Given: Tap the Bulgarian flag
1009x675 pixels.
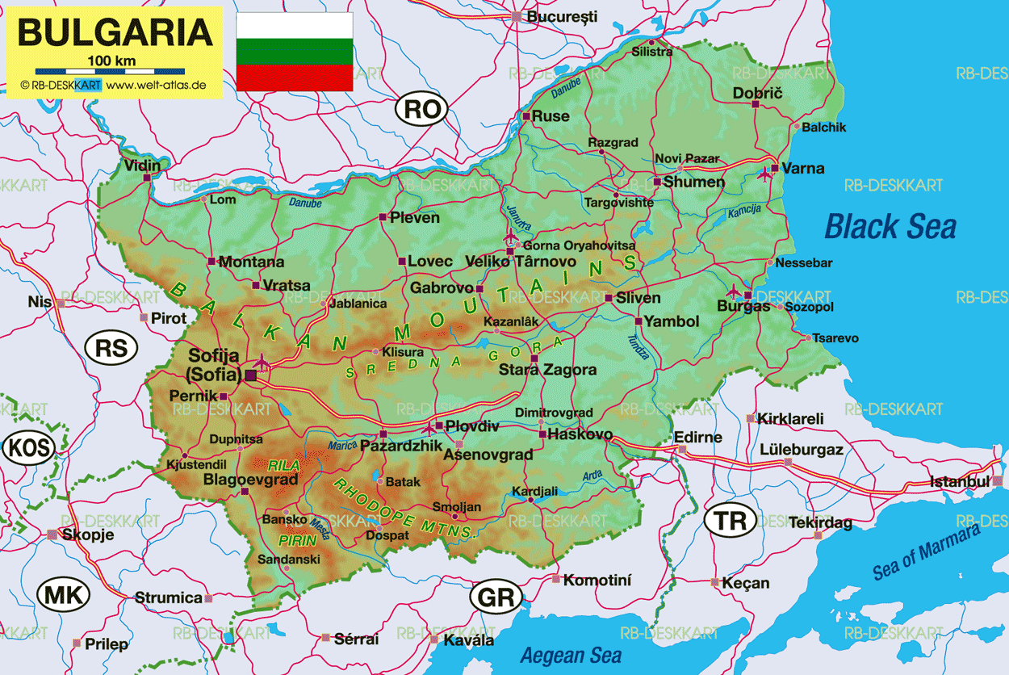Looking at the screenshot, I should [x=294, y=52].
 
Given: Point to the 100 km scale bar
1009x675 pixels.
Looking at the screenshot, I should [x=114, y=71].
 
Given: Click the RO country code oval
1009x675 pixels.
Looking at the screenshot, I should [x=421, y=109].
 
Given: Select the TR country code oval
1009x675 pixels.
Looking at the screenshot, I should [x=731, y=521].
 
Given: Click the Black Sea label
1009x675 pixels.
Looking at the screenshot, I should [x=890, y=227].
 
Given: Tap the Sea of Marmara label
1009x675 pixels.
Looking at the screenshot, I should [x=926, y=551].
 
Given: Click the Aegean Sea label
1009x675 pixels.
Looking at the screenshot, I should [x=571, y=655].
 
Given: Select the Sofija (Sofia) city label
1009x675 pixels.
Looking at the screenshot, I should [x=215, y=365].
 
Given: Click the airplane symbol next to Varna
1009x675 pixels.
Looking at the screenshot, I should [x=764, y=173].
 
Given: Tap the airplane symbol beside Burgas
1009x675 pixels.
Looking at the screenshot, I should [x=734, y=291].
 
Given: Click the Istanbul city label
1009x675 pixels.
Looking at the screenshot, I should [x=959, y=482].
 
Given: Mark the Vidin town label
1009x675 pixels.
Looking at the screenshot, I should [x=142, y=166].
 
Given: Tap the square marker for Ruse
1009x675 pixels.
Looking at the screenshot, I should [x=526, y=117].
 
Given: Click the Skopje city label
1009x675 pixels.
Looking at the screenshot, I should [x=88, y=535].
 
